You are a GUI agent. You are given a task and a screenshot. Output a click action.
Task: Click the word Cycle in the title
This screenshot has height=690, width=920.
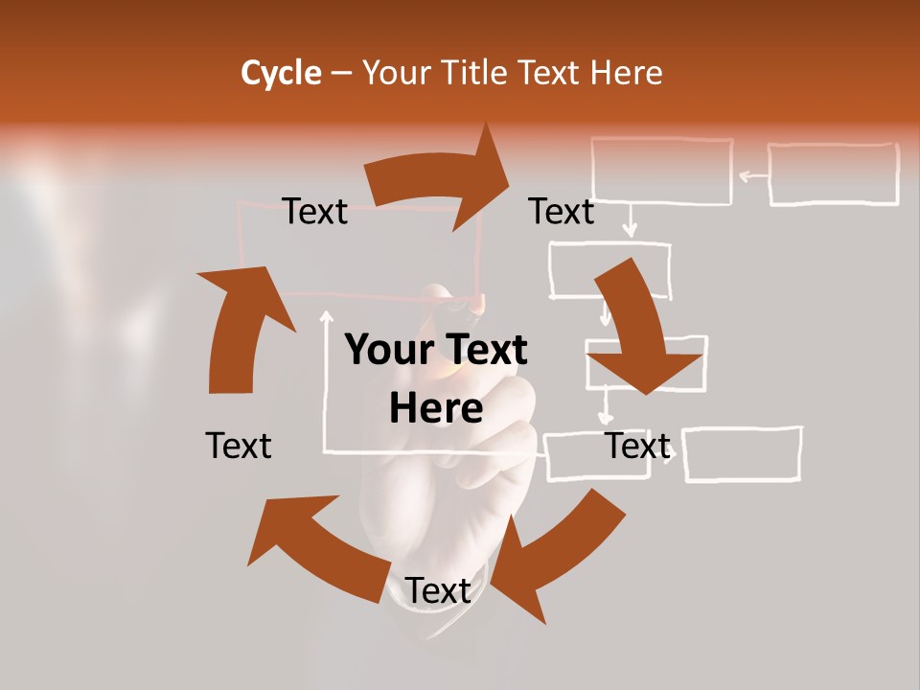coord(281,72)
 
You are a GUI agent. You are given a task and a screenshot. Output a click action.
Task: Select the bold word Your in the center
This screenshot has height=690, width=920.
coord(389,350)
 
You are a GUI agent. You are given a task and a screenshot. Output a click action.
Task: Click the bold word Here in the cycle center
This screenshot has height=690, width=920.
coord(436,408)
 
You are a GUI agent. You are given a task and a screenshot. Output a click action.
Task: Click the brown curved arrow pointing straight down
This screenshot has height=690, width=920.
coord(637,326)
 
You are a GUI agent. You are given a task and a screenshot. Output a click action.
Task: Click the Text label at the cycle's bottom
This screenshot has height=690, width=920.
coord(438,591)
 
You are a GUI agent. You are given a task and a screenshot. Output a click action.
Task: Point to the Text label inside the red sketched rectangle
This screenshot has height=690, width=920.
coord(314,211)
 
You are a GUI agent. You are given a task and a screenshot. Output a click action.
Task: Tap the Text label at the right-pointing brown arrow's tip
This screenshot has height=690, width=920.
coord(562,211)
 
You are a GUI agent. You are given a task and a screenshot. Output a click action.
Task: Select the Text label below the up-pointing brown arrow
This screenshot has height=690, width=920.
coord(239,446)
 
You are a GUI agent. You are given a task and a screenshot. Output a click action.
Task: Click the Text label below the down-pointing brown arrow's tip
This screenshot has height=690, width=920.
coord(637,446)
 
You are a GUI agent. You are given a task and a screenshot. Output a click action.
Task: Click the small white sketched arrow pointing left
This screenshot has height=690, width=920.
coord(753,175)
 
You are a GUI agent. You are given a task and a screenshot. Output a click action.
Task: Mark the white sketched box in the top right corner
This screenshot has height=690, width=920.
coord(833,174)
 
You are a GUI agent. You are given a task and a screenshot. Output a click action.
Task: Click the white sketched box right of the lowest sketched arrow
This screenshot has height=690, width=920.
coord(743,453)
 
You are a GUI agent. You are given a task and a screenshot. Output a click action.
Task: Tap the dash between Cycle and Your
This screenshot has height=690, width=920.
coord(341,72)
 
